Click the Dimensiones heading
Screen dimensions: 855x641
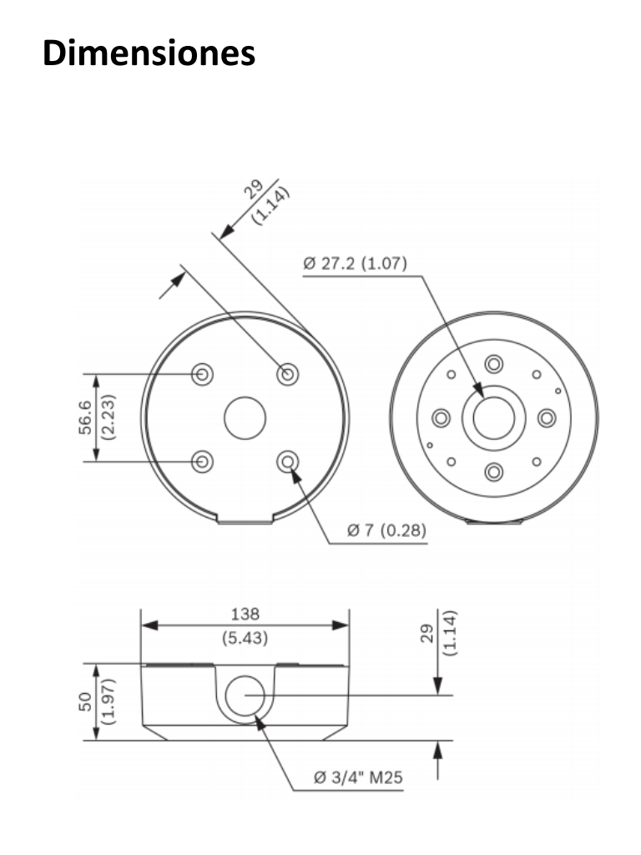[149, 53]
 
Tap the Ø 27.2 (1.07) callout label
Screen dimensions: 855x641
[354, 265]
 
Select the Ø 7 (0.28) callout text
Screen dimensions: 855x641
[385, 530]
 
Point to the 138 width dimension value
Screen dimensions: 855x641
[244, 615]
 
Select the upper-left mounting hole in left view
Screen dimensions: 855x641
[201, 373]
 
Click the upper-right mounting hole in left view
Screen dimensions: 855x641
[288, 373]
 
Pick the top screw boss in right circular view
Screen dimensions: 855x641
[494, 364]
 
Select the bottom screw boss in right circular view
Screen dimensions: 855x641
[494, 472]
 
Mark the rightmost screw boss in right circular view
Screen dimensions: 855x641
[548, 417]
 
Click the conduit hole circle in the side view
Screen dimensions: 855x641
[244, 696]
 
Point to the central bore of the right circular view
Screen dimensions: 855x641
[494, 417]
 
